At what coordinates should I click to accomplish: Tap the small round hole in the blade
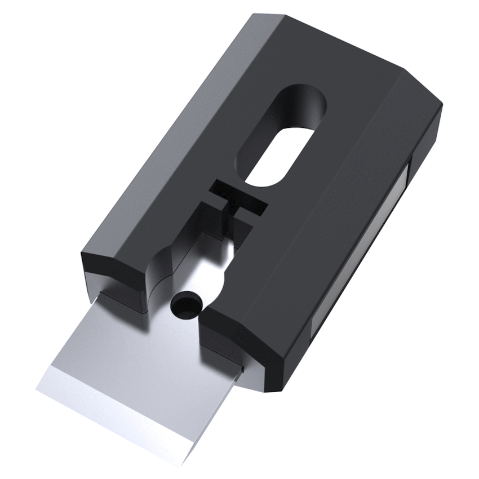pos(186,305)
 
